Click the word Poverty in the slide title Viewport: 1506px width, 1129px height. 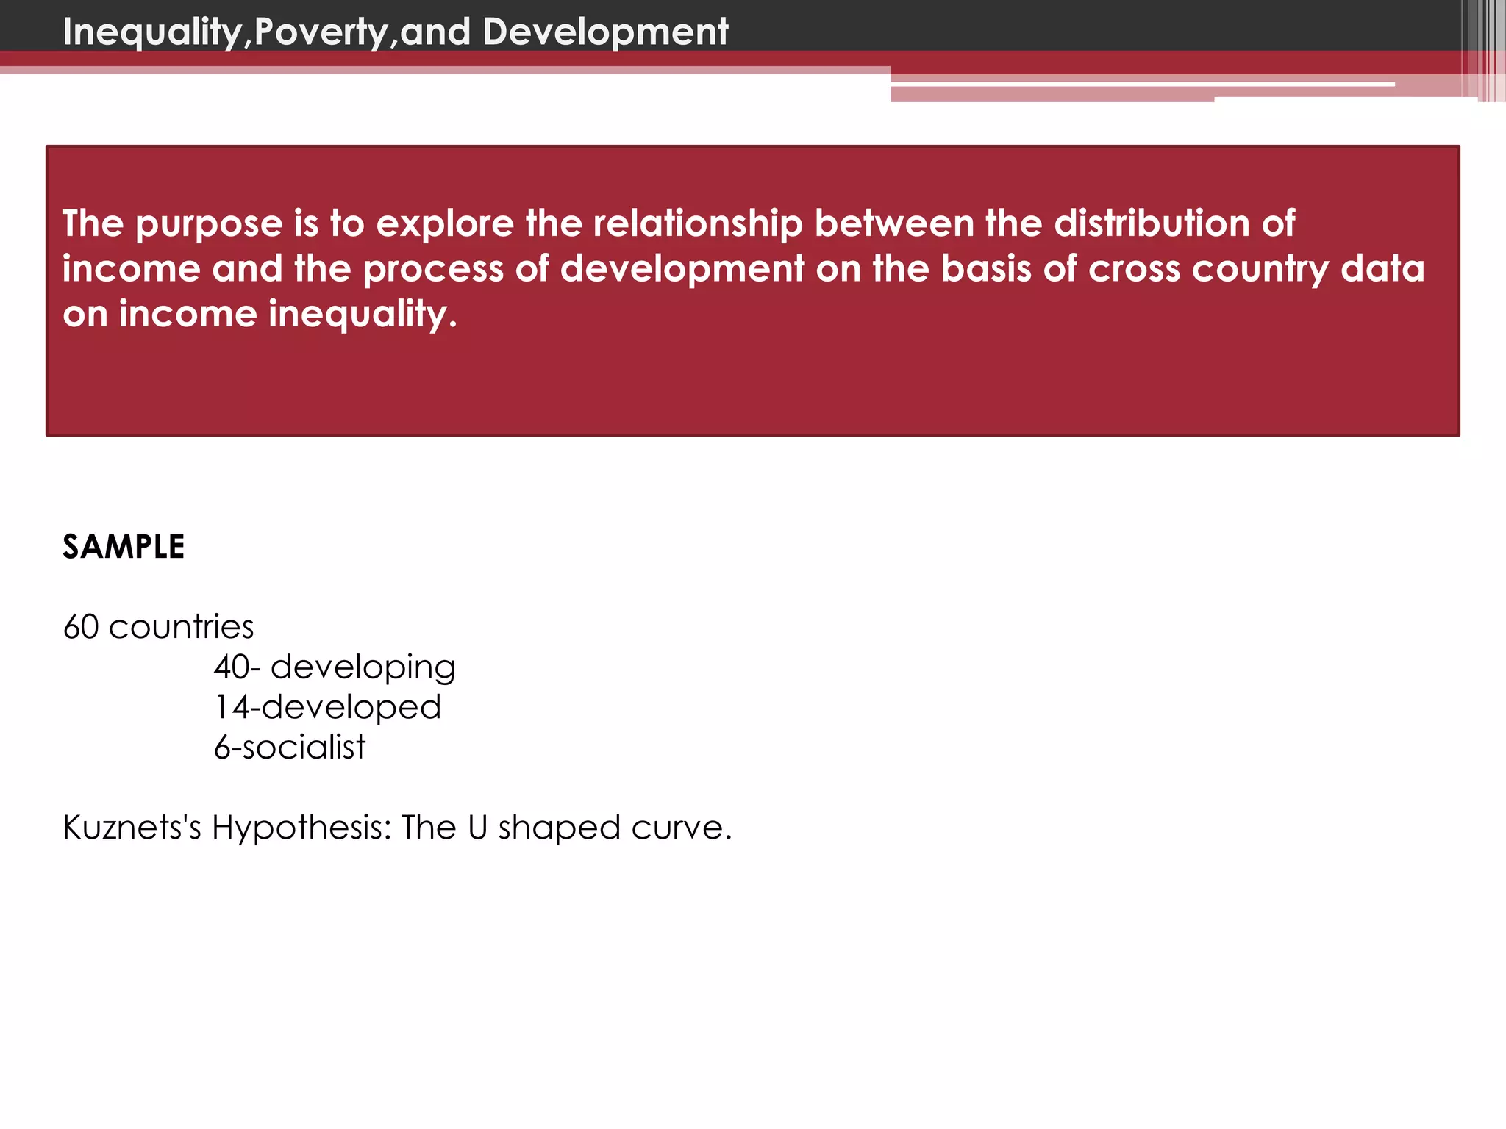coord(321,32)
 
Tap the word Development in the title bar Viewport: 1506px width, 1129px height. coord(605,32)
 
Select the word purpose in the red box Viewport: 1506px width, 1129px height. coord(210,224)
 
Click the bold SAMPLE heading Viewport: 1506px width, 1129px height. coord(124,547)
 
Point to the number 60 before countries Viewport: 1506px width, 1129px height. coord(81,627)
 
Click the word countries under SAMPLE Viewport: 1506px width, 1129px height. coord(181,627)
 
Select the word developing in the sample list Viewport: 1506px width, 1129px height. coord(363,668)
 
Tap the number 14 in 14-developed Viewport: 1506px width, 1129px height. coord(232,707)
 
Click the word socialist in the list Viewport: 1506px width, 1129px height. coord(304,748)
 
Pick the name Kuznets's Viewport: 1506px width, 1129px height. coord(132,828)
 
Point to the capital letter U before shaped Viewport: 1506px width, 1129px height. coord(477,828)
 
